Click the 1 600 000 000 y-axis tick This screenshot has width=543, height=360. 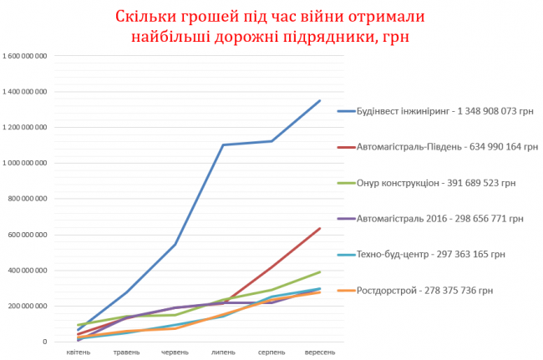coord(25,56)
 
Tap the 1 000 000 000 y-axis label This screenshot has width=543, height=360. coord(25,163)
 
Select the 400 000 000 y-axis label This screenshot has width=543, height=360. coord(28,271)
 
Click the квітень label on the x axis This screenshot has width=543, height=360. coord(79,352)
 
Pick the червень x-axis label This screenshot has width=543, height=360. coord(175,352)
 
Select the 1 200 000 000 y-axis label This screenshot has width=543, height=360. coord(25,128)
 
